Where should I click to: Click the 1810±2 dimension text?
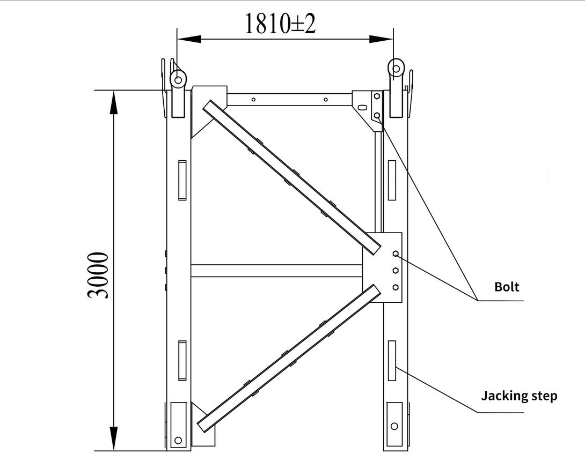point(280,23)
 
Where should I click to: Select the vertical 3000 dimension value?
point(100,275)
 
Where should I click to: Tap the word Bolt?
point(507,287)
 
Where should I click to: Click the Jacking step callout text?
point(519,396)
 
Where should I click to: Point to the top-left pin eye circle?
point(178,80)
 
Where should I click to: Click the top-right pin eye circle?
point(397,68)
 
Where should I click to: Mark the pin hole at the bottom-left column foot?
point(178,440)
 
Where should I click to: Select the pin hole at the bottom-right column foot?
point(394,426)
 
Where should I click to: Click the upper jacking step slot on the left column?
point(182,180)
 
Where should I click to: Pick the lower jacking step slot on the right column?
point(392,360)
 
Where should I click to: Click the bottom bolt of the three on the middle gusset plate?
point(396,287)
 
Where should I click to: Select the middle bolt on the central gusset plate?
point(396,271)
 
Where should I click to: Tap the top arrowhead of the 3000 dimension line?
point(113,102)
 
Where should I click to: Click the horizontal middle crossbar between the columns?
point(276,271)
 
